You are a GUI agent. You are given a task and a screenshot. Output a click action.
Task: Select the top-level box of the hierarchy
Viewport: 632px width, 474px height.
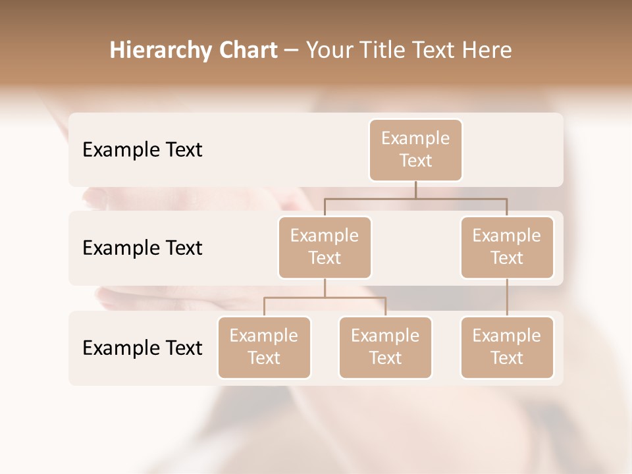point(415,149)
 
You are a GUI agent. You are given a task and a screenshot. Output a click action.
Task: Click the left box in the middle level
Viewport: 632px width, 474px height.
point(325,247)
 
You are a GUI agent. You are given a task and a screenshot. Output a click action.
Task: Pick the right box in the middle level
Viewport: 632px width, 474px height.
point(507,247)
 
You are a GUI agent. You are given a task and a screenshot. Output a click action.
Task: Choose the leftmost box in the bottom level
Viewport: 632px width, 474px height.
point(264,347)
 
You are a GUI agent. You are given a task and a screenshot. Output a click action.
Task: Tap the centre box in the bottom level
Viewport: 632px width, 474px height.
point(385,347)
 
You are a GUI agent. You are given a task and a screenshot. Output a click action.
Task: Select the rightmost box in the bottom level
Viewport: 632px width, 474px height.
point(507,347)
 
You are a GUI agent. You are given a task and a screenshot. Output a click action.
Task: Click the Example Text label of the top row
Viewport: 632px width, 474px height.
point(142,149)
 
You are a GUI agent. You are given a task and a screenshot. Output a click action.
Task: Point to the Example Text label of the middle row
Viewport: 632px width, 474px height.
point(142,248)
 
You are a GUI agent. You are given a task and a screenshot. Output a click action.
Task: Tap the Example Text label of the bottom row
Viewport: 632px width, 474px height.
point(142,348)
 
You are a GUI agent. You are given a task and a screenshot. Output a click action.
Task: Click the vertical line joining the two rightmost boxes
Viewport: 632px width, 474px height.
point(507,298)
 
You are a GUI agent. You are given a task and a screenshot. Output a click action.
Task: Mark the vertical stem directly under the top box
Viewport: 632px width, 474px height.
point(415,190)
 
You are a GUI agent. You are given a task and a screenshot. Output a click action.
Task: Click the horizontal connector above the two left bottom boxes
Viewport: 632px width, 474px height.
point(325,298)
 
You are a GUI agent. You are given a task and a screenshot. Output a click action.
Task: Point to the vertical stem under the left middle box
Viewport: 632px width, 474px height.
point(325,288)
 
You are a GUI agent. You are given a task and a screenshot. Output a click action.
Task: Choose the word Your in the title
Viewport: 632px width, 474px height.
point(327,50)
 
